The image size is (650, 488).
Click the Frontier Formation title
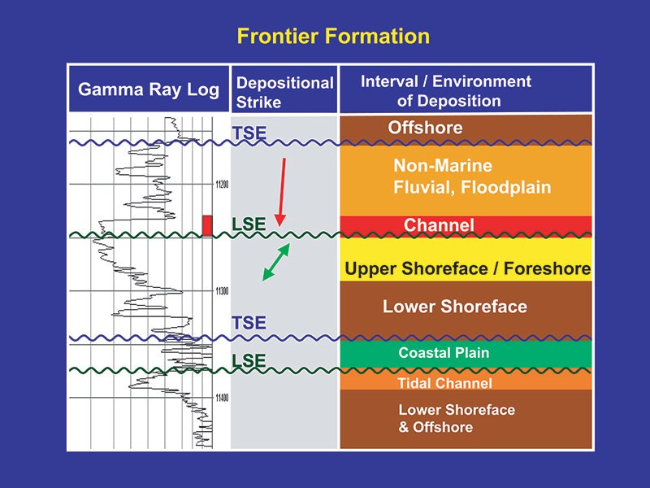(332, 37)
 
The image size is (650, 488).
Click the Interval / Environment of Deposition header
(446, 91)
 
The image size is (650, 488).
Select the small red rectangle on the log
(207, 225)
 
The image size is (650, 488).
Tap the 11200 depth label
(222, 185)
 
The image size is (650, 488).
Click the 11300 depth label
(222, 291)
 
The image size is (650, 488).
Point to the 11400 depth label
(222, 398)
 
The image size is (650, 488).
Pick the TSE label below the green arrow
(249, 322)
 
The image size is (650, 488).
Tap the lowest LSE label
(249, 359)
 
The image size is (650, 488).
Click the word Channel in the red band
(439, 225)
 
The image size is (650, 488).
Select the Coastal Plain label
(444, 354)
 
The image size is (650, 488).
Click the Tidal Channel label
(444, 383)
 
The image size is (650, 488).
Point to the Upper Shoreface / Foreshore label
(467, 268)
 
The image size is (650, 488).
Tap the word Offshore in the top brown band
(425, 128)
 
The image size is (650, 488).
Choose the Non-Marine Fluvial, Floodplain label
(472, 176)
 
